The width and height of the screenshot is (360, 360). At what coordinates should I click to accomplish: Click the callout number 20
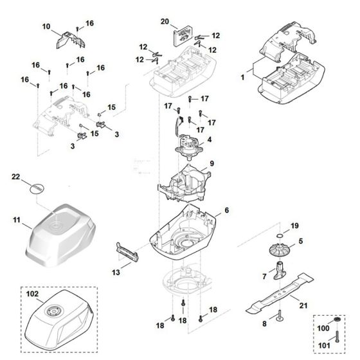tap(165, 21)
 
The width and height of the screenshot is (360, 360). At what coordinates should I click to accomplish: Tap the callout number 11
tap(17, 220)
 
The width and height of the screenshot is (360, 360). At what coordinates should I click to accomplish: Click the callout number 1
tap(242, 76)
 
